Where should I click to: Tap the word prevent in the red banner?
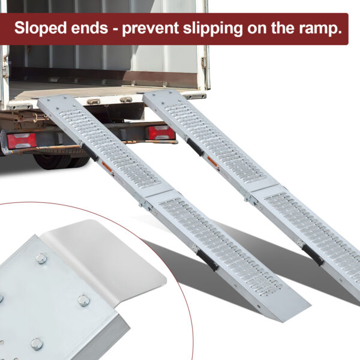coord(150,28)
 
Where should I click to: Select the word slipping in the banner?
coord(213,28)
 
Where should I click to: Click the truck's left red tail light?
coord(22,141)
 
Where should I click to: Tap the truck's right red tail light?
coord(161,133)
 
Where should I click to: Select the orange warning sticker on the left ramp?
coord(107,168)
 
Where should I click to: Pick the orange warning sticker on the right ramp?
coord(212,162)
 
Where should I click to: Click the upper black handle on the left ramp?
coord(90,152)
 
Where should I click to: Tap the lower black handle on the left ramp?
coord(208,259)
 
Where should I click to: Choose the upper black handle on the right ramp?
coord(195,147)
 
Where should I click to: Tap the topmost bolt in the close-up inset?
coord(41,259)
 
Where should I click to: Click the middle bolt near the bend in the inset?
coord(83,301)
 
